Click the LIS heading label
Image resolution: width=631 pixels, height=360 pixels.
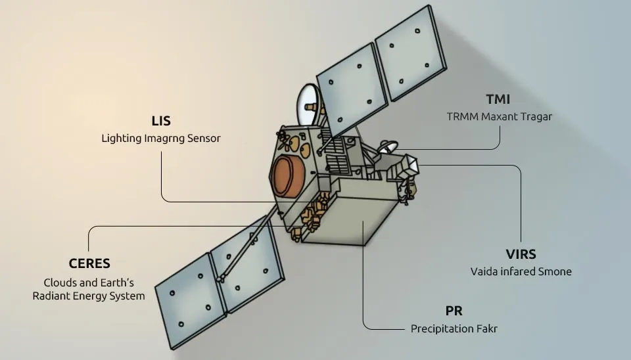click(x=161, y=122)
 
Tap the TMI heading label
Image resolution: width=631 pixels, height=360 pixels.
click(x=498, y=100)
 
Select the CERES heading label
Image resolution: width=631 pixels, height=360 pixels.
click(x=89, y=263)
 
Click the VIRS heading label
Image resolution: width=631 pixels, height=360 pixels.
click(x=521, y=254)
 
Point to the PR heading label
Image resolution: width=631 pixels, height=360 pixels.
click(x=454, y=311)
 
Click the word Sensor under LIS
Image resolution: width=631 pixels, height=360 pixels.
click(x=202, y=139)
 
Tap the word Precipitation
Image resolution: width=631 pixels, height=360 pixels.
click(x=439, y=328)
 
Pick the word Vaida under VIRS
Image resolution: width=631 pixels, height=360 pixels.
click(x=484, y=271)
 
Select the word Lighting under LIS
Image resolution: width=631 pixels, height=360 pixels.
click(x=122, y=139)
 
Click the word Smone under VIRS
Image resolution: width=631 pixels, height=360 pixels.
click(x=555, y=271)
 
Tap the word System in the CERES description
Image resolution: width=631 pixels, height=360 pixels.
click(x=128, y=296)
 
